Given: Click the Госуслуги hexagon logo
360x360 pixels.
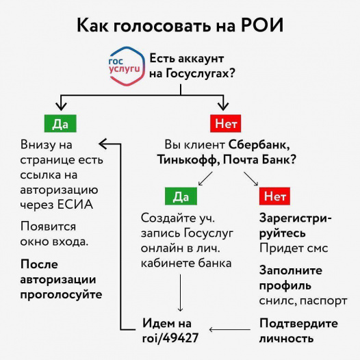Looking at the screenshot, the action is click(127, 66).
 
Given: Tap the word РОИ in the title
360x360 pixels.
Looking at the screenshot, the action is click(262, 25).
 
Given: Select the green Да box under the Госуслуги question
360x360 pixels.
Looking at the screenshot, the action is click(60, 123).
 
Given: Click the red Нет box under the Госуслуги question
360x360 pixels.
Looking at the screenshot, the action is click(225, 123).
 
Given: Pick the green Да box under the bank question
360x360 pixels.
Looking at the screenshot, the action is click(181, 196).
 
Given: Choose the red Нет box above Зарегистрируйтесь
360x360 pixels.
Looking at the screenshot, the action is click(274, 196).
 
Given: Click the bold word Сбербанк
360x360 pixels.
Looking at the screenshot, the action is click(259, 144).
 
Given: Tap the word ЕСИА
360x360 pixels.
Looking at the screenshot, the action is click(75, 205).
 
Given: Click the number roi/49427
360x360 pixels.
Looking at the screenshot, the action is click(170, 338).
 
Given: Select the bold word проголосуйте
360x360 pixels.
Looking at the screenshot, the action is click(61, 294).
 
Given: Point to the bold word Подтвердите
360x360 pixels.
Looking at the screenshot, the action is click(298, 324).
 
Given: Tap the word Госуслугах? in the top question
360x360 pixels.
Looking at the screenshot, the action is click(200, 74).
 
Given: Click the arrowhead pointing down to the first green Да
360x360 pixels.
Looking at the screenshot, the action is click(61, 106).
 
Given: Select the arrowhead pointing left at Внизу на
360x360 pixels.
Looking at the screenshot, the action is click(103, 144).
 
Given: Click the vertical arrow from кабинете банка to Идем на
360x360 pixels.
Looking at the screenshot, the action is click(180, 293).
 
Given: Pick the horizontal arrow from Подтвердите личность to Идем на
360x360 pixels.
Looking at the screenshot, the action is click(229, 329).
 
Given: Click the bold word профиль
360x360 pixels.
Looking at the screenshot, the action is click(285, 286).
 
